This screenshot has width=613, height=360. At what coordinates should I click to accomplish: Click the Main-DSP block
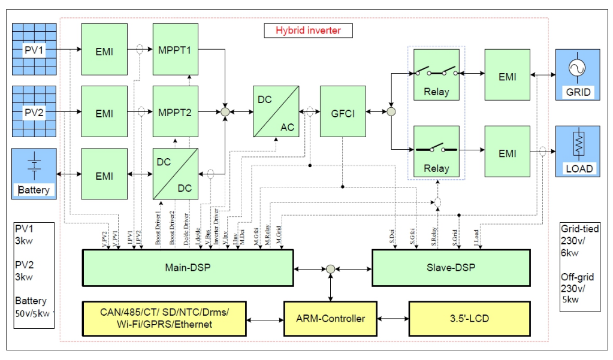pos(188,267)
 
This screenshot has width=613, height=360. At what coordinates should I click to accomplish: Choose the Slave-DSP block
pos(451,267)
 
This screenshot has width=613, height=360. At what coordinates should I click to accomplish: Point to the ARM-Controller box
pos(331,318)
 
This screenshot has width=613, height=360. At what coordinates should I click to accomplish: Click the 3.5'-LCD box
pos(469,318)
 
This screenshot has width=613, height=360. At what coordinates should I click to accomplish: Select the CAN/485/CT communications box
pos(165,318)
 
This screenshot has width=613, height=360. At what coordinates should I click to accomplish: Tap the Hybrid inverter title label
pos(308,30)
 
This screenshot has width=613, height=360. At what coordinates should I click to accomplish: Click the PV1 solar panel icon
pos(34,49)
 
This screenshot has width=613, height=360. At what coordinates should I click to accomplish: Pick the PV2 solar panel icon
pos(34,111)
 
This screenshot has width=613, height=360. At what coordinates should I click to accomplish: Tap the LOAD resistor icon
pos(578,150)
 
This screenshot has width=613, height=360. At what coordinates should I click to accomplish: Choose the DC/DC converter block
pos(176,174)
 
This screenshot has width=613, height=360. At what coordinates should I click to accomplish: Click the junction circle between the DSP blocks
pos(330,269)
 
